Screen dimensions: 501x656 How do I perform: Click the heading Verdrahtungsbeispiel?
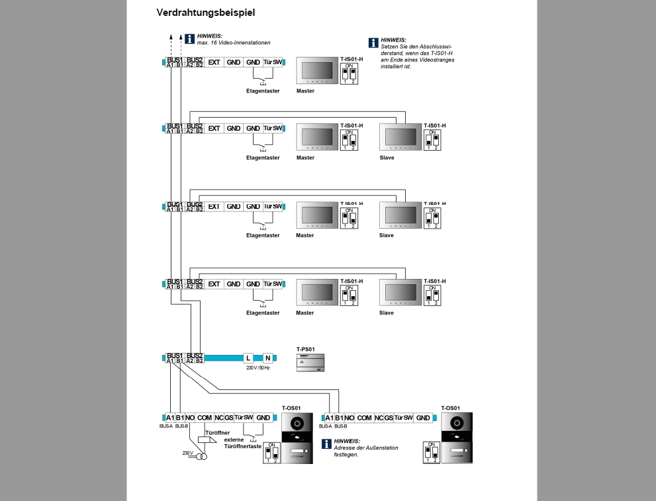pyautogui.click(x=205, y=12)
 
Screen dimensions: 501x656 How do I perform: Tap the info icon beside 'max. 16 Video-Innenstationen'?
pyautogui.click(x=189, y=38)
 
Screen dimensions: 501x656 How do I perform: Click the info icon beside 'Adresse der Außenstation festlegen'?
pyautogui.click(x=326, y=443)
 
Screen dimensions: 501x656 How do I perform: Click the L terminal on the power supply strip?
pyautogui.click(x=248, y=358)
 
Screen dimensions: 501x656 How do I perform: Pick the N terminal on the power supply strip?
pyautogui.click(x=268, y=358)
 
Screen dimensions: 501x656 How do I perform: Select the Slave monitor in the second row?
pyautogui.click(x=399, y=137)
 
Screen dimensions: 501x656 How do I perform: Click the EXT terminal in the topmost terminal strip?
pyautogui.click(x=214, y=62)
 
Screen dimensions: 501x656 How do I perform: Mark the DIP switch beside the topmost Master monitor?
pyautogui.click(x=349, y=74)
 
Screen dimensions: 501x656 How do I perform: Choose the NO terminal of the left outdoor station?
pyautogui.click(x=190, y=418)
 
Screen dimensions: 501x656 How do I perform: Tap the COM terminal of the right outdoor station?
pyautogui.click(x=364, y=418)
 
